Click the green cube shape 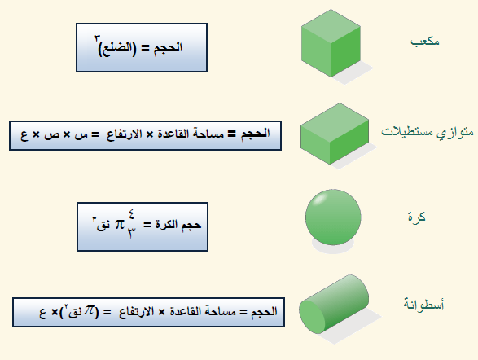331,43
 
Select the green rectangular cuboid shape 335,134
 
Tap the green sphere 333,217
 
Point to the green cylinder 334,304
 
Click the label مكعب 425,42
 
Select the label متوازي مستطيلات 428,132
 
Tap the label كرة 416,217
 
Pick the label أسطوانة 423,304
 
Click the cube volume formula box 142,47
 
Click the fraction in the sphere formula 131,224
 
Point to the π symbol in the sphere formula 120,225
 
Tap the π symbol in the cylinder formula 90,310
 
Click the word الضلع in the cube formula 116,49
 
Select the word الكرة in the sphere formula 166,224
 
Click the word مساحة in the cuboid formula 210,134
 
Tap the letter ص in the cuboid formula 51,135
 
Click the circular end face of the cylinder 312,317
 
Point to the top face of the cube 331,26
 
